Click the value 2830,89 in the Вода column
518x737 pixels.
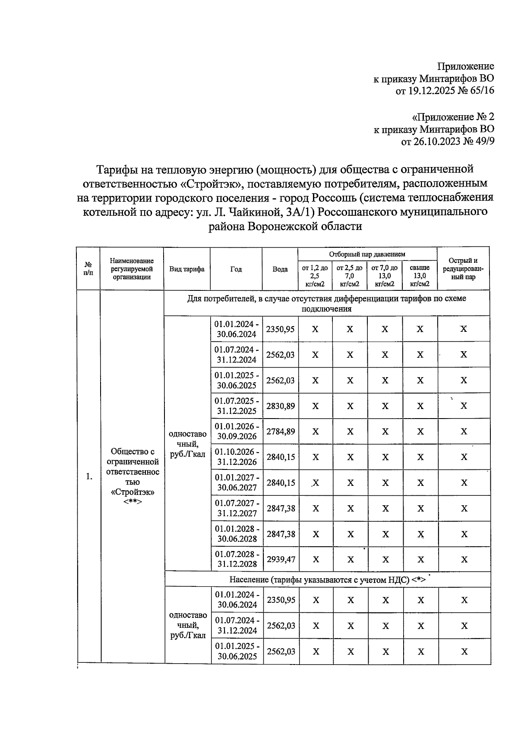(x=280, y=406)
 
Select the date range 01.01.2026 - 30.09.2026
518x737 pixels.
(x=237, y=431)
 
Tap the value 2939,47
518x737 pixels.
(x=281, y=559)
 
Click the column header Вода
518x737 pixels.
(x=280, y=269)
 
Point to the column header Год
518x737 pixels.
(x=236, y=269)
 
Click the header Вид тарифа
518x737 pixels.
(x=187, y=269)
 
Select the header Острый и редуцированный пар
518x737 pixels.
(x=463, y=269)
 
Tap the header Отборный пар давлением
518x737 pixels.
(x=367, y=254)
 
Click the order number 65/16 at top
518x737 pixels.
(x=479, y=91)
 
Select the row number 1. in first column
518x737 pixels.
(x=88, y=476)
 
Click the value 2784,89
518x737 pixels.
(x=280, y=431)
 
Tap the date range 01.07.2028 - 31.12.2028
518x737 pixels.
(x=237, y=559)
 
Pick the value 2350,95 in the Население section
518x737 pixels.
(x=281, y=600)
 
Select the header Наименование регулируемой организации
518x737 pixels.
(x=132, y=269)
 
